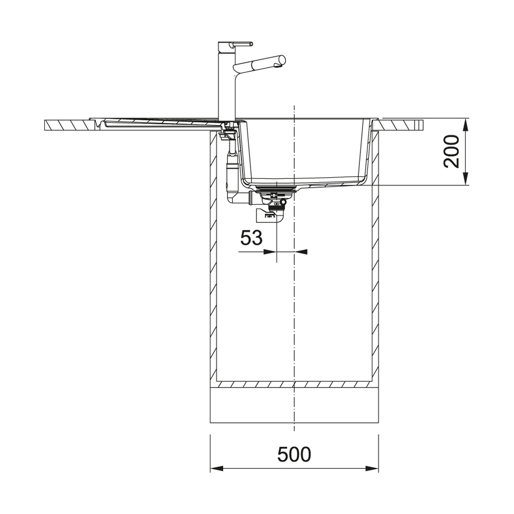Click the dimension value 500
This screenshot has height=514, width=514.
tap(294, 454)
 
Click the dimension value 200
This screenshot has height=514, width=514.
tap(451, 152)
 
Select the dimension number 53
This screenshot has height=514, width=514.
tap(251, 237)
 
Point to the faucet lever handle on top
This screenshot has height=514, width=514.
tap(242, 44)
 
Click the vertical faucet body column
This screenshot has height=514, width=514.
tap(226, 82)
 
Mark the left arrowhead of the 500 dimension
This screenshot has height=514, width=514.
tap(216, 468)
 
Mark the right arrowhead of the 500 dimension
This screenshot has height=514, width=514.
tap(372, 468)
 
